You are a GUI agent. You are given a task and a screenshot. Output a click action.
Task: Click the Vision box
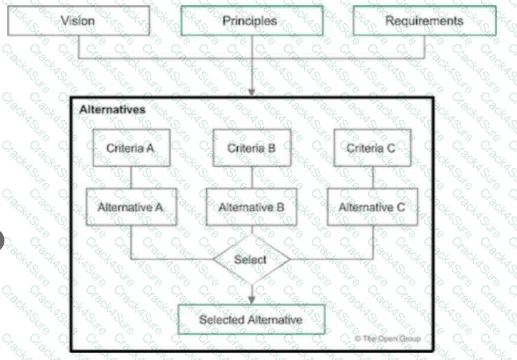(x=78, y=21)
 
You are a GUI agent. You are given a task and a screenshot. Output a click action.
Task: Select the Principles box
(x=250, y=21)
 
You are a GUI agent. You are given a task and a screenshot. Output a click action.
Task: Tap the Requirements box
(x=424, y=21)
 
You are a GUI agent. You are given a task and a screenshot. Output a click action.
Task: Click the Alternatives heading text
(x=112, y=110)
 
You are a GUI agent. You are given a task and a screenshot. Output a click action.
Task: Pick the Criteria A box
(x=130, y=148)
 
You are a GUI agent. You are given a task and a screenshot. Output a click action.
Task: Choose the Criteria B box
(x=251, y=148)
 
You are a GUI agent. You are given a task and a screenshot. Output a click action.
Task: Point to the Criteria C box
(x=372, y=148)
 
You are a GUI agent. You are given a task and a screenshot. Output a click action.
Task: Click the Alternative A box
(x=130, y=207)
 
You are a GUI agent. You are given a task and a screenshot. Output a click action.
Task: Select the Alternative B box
(x=251, y=207)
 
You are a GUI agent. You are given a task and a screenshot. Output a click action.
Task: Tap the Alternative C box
(x=372, y=207)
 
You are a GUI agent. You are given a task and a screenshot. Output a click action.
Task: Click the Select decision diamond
(x=251, y=259)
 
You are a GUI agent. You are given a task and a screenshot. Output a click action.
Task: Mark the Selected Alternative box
(x=251, y=319)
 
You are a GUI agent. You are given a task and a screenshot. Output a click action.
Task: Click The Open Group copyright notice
(x=388, y=338)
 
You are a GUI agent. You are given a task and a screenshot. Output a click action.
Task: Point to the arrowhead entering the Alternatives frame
(x=251, y=92)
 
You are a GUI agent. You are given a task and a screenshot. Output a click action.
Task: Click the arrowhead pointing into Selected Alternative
(x=251, y=300)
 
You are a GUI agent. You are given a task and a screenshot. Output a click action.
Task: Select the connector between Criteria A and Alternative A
(x=130, y=177)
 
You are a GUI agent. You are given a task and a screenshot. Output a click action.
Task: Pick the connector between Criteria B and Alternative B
(x=251, y=177)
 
